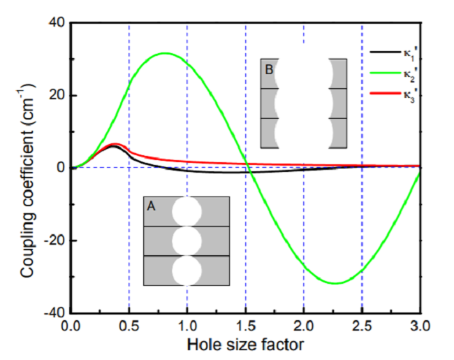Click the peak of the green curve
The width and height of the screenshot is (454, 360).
164,53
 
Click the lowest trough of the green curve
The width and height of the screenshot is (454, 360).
335,283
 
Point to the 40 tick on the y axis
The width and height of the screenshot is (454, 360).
55,23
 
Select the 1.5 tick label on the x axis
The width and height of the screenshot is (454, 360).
245,326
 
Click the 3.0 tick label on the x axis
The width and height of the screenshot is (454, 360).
419,326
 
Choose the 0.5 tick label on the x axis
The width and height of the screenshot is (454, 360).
129,326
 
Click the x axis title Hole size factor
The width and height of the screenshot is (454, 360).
244,345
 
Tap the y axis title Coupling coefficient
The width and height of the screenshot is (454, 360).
26,168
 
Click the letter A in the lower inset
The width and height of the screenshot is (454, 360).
152,206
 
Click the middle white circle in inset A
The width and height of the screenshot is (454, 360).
186,241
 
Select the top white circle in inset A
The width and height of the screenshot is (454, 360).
186,212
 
